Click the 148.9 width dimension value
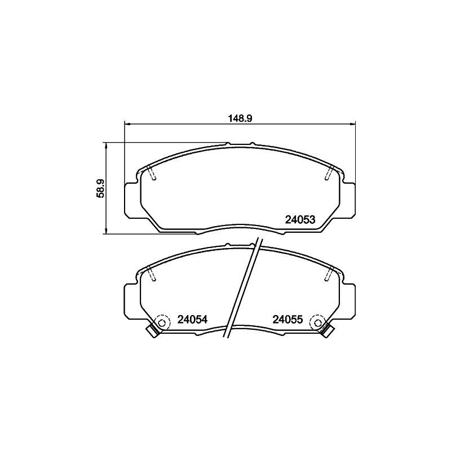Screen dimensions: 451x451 click(240, 118)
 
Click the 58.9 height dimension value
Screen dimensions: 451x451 click(100, 188)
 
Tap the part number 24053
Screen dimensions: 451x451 click(300, 220)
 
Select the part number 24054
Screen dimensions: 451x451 click(192, 320)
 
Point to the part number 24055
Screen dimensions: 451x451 click(288, 320)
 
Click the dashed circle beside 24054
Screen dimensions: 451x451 click(162, 322)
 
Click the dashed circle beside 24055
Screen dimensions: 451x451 click(318, 322)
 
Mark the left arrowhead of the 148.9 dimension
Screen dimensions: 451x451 click(126, 124)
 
